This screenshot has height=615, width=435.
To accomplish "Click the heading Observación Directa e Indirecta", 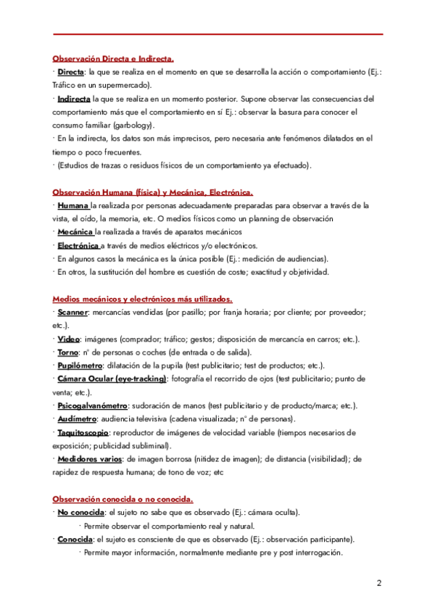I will click(112, 59).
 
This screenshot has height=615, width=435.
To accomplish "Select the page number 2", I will click(379, 583).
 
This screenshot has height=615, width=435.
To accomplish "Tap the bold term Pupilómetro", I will click(80, 365).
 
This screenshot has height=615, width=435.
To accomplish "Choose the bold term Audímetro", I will click(78, 419).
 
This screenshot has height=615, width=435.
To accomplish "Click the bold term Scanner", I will click(72, 312).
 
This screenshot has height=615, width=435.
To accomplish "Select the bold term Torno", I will click(69, 352).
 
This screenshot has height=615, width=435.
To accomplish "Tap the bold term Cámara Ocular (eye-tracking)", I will click(112, 379).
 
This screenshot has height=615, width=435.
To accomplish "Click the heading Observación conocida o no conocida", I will click(123, 499).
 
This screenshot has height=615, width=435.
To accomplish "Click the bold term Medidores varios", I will click(90, 459).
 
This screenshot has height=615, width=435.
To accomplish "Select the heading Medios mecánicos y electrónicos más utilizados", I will click(142, 299).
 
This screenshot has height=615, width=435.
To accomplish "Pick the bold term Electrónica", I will click(78, 245).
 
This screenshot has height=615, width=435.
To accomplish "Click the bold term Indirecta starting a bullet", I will click(74, 99).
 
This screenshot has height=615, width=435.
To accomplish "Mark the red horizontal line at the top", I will click(218, 34).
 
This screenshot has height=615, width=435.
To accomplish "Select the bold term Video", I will click(69, 339).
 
